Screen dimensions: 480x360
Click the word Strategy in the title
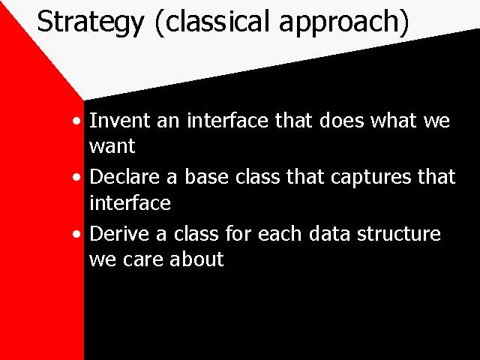tap(90, 22)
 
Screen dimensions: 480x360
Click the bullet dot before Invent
tap(76, 121)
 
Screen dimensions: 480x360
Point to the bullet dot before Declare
tap(76, 177)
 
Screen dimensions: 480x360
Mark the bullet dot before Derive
tap(76, 234)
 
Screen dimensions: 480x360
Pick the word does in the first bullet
tap(342, 120)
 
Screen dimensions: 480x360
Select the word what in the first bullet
tap(394, 120)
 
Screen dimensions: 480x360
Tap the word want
tap(112, 146)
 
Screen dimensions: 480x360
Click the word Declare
tap(124, 177)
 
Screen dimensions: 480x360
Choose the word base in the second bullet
tap(207, 177)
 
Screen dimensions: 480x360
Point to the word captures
tap(370, 178)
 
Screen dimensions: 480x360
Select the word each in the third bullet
tap(280, 233)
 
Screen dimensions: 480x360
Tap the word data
tap(329, 233)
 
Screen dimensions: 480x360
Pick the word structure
tap(398, 234)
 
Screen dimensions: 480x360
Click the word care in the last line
tap(142, 260)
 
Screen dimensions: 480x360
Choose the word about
tap(196, 259)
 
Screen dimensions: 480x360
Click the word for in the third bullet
tap(238, 233)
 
